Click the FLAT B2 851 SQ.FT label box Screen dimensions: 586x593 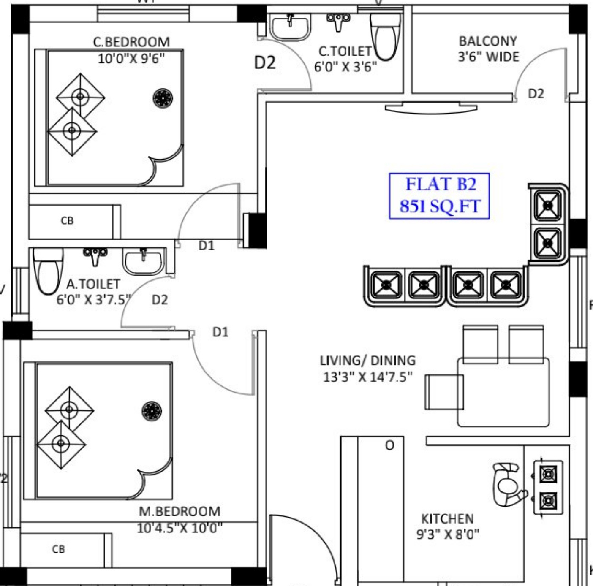pyautogui.click(x=439, y=196)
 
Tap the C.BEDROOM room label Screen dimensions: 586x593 pyautogui.click(x=131, y=42)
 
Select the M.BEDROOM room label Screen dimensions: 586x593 pyautogui.click(x=180, y=511)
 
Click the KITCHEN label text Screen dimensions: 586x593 pyautogui.click(x=447, y=518)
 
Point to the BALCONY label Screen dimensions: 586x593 pyautogui.click(x=488, y=41)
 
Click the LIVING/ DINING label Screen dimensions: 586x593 pyautogui.click(x=367, y=361)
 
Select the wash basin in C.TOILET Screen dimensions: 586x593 pyautogui.click(x=290, y=26)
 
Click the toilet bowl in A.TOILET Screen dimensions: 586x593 pyautogui.click(x=48, y=271)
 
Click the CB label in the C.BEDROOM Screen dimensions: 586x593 pyautogui.click(x=67, y=221)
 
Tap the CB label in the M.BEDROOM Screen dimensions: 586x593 pyautogui.click(x=58, y=549)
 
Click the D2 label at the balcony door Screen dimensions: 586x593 pyautogui.click(x=536, y=94)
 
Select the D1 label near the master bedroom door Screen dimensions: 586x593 pyautogui.click(x=220, y=332)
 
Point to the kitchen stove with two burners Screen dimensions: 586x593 pyautogui.click(x=548, y=488)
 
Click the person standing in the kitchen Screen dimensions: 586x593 pyautogui.click(x=508, y=485)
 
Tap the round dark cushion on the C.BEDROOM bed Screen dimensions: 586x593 pyautogui.click(x=163, y=98)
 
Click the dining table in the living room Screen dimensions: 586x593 pyautogui.click(x=503, y=392)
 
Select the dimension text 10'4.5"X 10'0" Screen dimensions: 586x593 pyautogui.click(x=180, y=528)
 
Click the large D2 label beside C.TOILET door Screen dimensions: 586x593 pyautogui.click(x=265, y=62)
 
